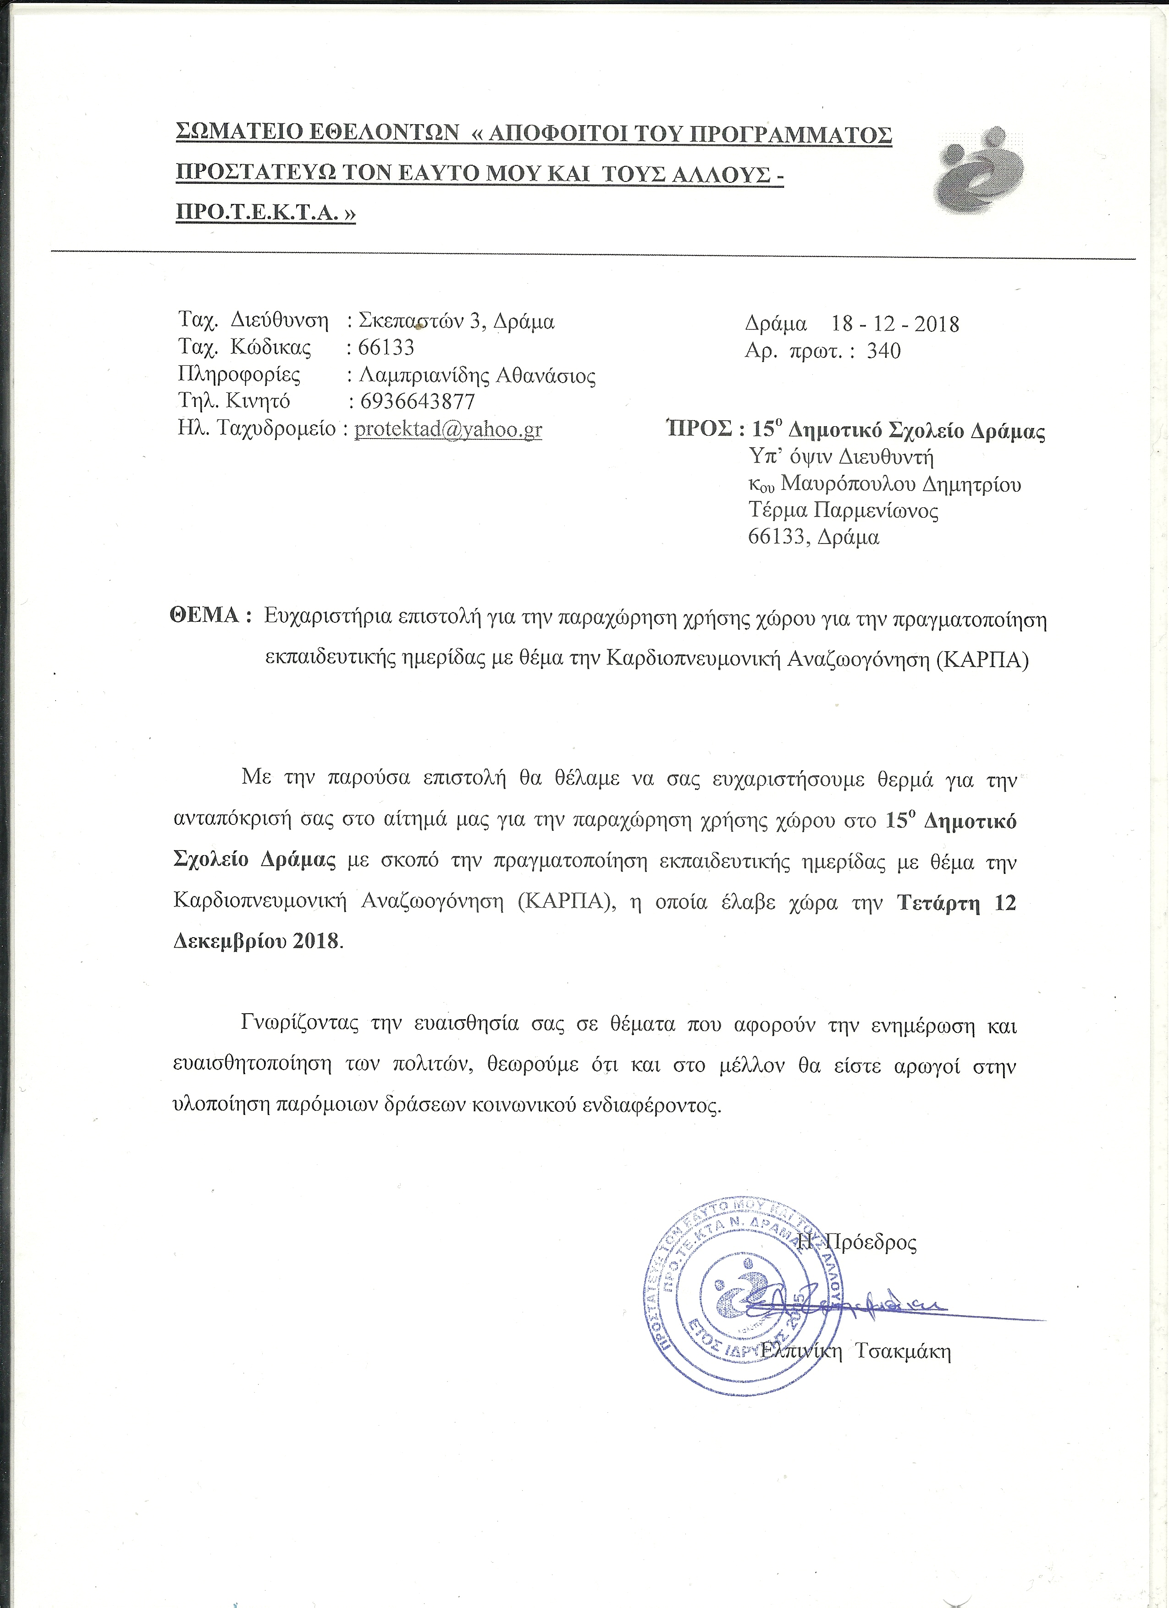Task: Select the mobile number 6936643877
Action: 418,401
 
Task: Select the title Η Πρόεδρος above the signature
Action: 857,1242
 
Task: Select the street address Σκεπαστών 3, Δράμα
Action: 457,321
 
